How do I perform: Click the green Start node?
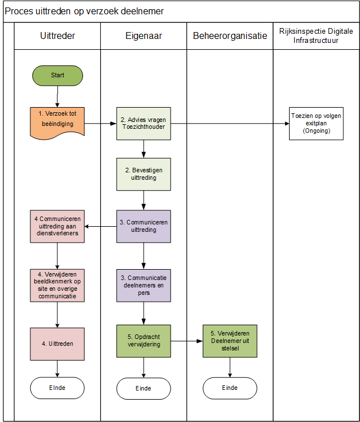(x=57, y=75)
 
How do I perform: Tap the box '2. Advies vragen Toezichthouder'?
(x=143, y=123)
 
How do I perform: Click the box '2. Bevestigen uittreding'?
(x=143, y=174)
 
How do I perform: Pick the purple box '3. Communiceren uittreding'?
(x=143, y=226)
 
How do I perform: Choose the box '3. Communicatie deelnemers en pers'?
(x=143, y=285)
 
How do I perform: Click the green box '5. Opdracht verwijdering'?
(x=143, y=341)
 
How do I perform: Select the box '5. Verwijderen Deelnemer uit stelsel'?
(x=230, y=341)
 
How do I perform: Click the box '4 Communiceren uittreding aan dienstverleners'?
(x=57, y=226)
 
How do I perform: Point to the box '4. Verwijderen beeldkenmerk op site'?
(x=57, y=285)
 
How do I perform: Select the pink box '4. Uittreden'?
(x=57, y=344)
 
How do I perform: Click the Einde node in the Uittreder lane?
(x=57, y=388)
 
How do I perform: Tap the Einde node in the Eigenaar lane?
(x=143, y=388)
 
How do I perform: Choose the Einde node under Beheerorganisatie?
(x=230, y=388)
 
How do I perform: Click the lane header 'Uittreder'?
(x=57, y=36)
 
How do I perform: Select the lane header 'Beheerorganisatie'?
(x=230, y=36)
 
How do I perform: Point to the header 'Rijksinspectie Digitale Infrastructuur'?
(x=316, y=36)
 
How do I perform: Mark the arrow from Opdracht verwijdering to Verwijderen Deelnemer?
(x=187, y=341)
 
